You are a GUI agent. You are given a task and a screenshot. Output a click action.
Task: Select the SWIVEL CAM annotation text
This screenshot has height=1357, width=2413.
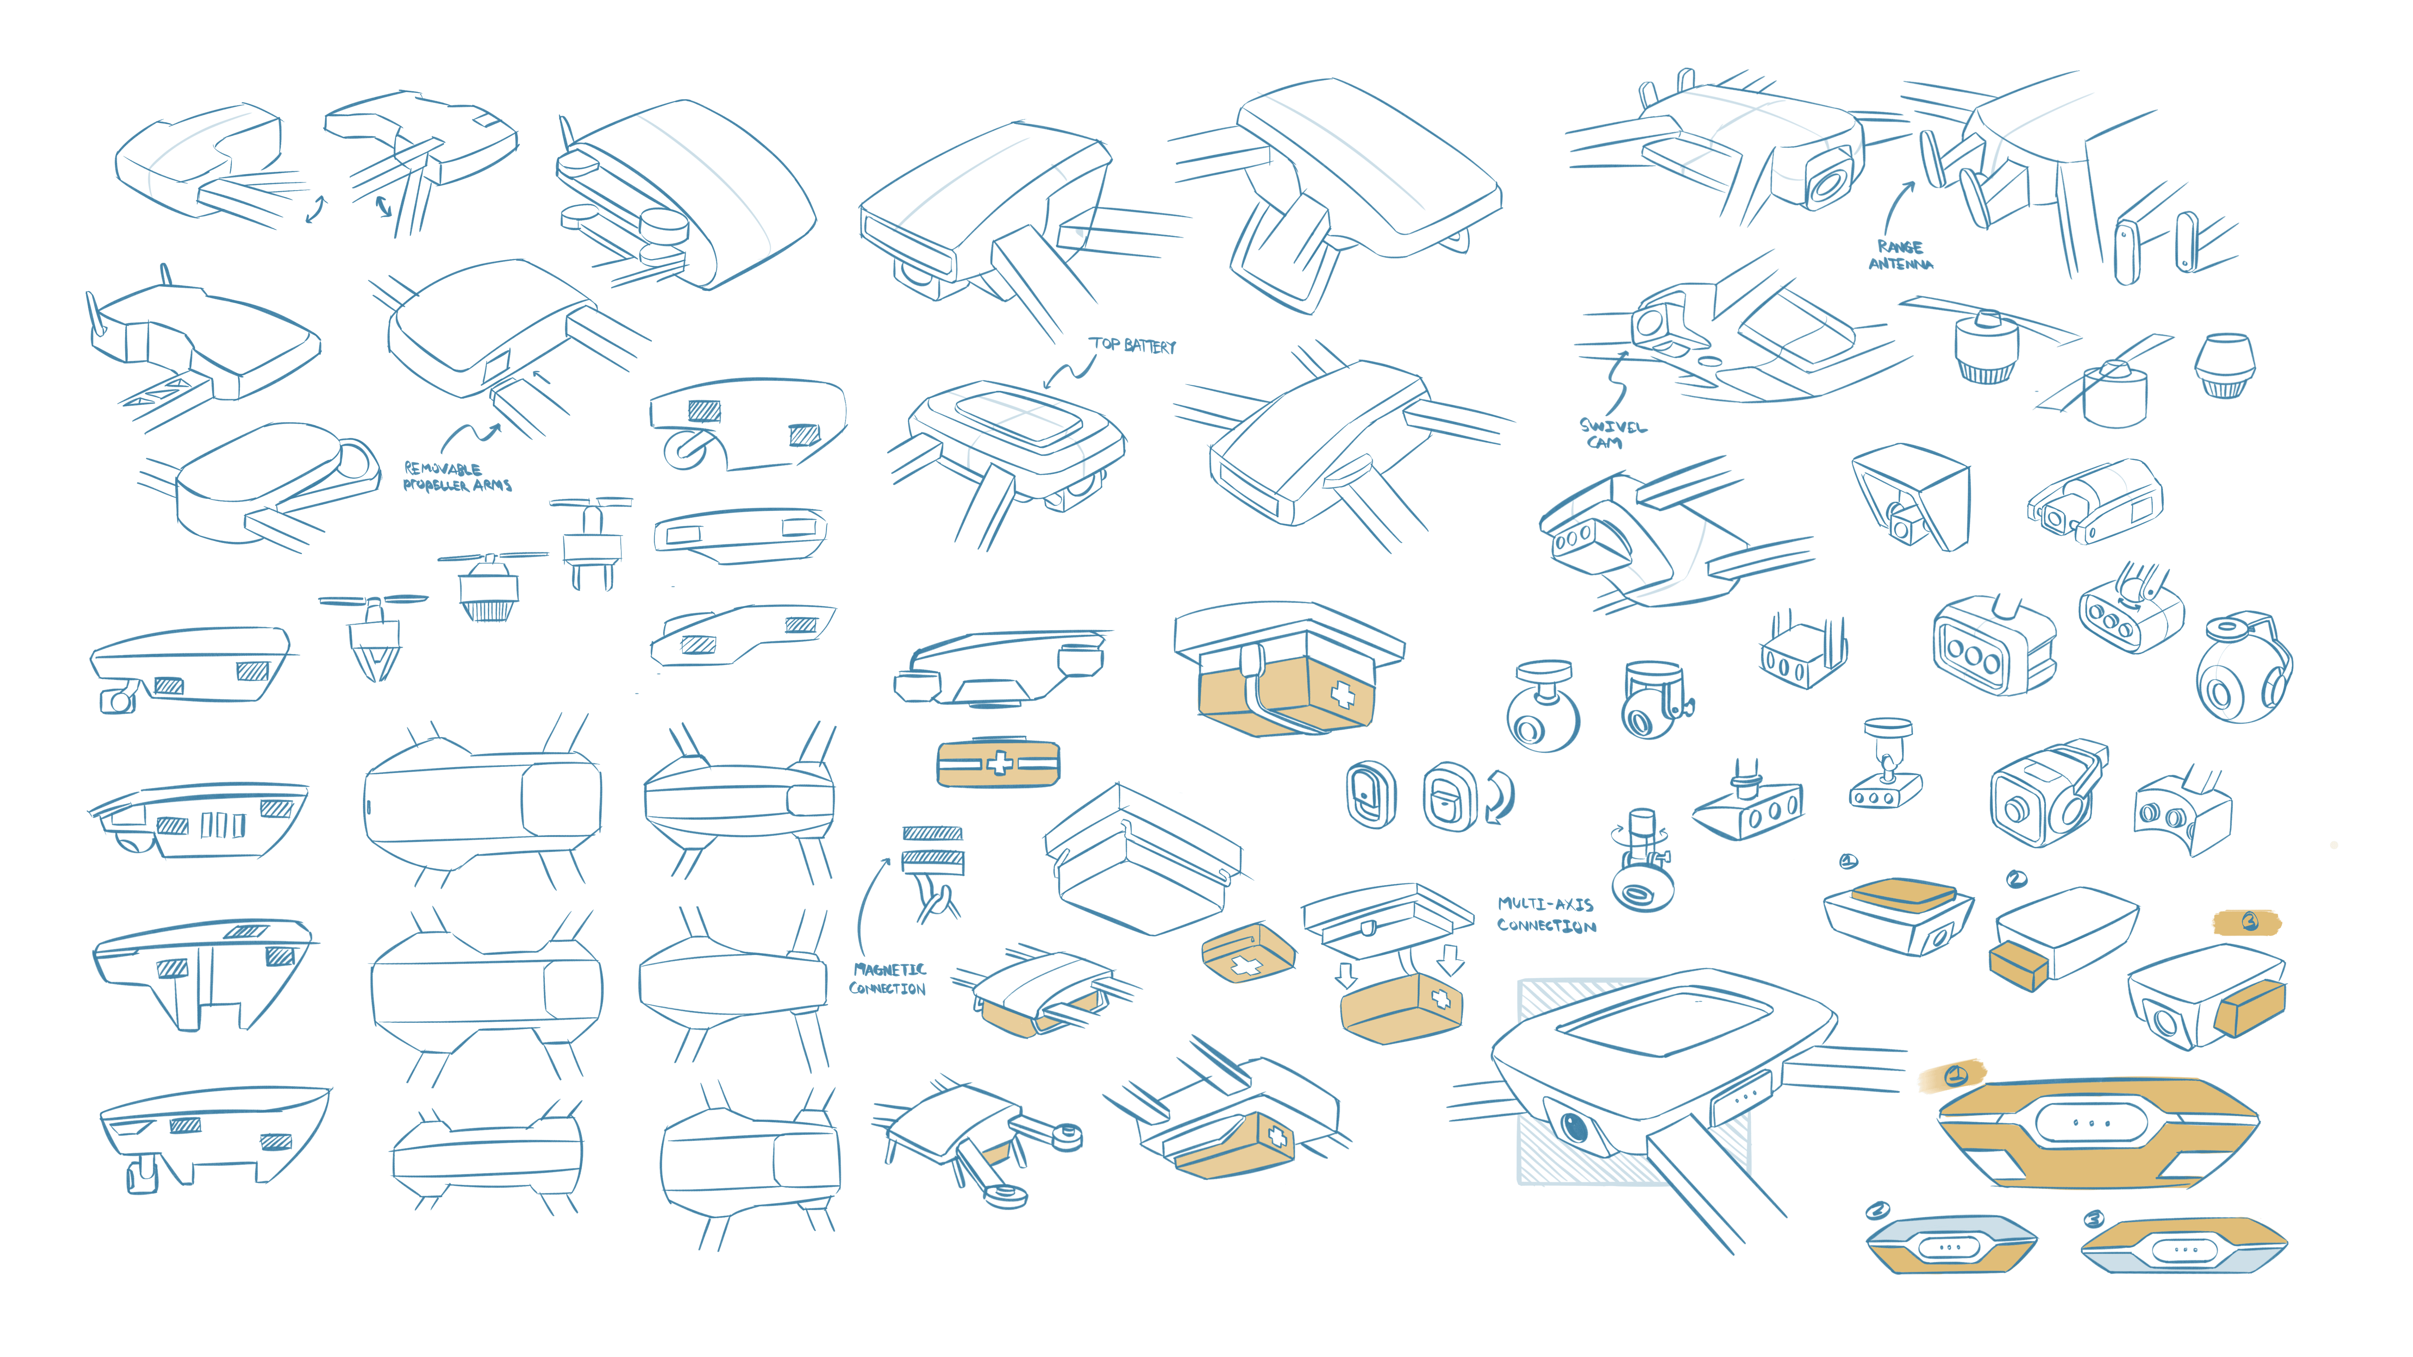click(1611, 433)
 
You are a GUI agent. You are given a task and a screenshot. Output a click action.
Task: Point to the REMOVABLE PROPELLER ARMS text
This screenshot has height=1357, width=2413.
click(457, 477)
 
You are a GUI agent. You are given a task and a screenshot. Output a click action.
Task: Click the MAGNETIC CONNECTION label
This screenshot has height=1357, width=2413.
click(888, 979)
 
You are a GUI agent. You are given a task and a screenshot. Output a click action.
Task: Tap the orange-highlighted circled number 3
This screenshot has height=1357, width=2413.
click(2249, 923)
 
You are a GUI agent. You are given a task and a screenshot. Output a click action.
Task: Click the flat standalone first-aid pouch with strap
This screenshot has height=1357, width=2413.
click(999, 763)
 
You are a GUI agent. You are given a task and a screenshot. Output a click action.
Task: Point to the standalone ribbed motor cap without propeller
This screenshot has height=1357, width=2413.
click(2225, 365)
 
